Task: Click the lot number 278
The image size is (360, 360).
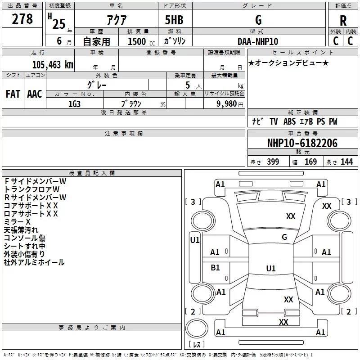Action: [22, 19]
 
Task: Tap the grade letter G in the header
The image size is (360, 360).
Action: [258, 20]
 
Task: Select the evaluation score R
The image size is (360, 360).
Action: [343, 20]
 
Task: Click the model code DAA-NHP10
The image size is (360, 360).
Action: [258, 41]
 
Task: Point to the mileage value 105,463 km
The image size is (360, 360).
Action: [53, 64]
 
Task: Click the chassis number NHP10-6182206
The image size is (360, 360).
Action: [302, 143]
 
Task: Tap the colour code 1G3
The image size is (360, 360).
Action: [75, 103]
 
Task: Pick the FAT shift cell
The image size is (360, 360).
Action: [13, 94]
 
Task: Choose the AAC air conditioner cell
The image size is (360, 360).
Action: [35, 94]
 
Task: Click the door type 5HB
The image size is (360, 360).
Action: [174, 20]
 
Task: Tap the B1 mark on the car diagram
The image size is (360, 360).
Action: [216, 268]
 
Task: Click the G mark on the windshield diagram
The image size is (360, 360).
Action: [284, 237]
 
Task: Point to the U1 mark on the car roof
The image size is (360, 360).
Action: [271, 269]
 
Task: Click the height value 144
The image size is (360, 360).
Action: [346, 162]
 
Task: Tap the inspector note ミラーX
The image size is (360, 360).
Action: [17, 222]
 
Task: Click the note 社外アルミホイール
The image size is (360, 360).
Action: [34, 262]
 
